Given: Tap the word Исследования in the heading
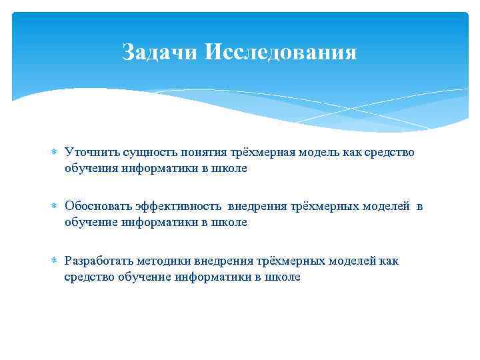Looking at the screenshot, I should pyautogui.click(x=281, y=52).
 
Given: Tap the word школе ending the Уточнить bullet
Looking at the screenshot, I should pyautogui.click(x=231, y=169).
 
